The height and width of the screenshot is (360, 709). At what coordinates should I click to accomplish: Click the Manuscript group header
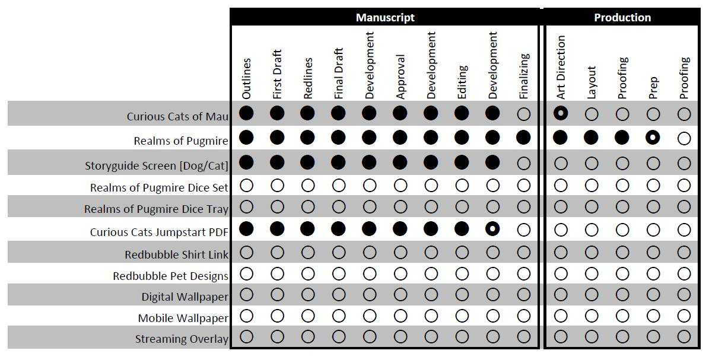pos(385,17)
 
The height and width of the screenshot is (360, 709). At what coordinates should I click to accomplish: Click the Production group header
pos(622,17)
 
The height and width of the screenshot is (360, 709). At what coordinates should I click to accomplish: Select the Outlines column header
pos(247,78)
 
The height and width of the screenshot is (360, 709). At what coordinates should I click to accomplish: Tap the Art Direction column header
pos(561,67)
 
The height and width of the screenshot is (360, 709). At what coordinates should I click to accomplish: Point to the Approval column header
pos(400,77)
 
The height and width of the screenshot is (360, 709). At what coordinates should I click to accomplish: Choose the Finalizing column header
pos(524,76)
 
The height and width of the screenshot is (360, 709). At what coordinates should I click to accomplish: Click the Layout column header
pos(592,82)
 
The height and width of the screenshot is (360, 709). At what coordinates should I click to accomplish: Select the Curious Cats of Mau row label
pos(177,116)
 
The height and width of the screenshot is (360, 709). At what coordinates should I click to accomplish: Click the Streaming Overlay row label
pos(181,339)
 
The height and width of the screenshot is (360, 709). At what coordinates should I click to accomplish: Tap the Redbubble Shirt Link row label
pos(176,255)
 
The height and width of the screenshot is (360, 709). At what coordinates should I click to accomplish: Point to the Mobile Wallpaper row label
pos(183,318)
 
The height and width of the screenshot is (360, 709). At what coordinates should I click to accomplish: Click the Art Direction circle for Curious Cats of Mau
pos(561,113)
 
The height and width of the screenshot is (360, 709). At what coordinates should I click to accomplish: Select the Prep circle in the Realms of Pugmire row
pos(653,138)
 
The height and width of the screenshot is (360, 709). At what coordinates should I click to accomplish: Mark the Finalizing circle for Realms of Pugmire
pos(523,138)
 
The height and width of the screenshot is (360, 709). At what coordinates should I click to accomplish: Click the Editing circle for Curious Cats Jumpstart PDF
pos(462,229)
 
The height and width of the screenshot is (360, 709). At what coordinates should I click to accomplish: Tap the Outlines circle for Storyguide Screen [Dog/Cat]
pos(246,163)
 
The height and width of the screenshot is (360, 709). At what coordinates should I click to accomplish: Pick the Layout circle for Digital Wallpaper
pos(592,295)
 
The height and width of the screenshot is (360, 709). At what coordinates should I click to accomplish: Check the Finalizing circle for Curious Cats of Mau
pos(523,114)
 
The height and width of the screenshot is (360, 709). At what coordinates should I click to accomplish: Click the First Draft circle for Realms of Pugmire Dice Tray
pos(277,207)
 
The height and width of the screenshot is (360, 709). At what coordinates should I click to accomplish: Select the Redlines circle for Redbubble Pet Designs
pos(308,273)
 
